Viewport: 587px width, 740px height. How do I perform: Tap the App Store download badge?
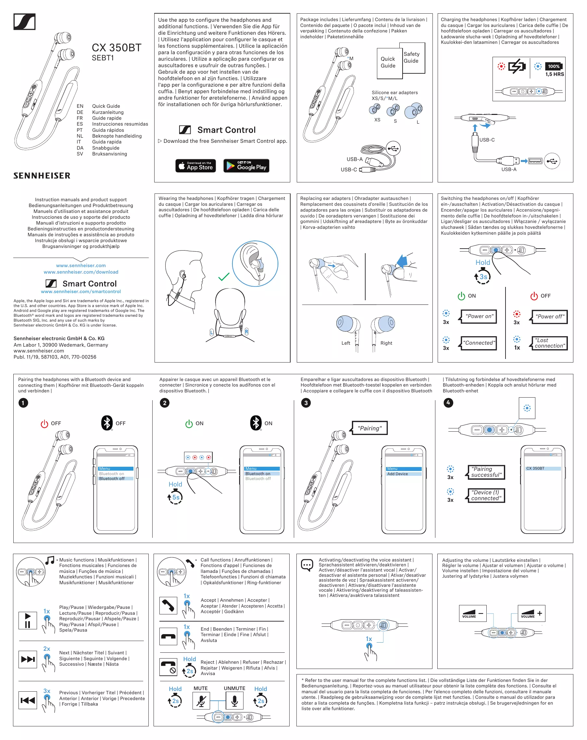click(195, 166)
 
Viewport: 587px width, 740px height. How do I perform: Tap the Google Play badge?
click(246, 166)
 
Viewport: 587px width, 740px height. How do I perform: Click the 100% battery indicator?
click(554, 66)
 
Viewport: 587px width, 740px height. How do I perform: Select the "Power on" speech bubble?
click(479, 316)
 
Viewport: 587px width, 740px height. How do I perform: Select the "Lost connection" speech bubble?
click(550, 343)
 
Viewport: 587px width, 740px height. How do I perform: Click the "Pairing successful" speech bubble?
click(486, 472)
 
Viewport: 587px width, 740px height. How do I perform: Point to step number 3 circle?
click(306, 402)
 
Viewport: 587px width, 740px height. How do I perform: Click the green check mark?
click(224, 276)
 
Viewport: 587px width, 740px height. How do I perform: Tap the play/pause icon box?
click(28, 620)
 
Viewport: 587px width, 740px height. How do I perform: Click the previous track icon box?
click(28, 700)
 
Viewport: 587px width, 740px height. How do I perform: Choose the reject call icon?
click(168, 667)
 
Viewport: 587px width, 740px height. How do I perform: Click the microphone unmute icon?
click(234, 700)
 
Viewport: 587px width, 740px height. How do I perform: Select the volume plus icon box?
click(531, 613)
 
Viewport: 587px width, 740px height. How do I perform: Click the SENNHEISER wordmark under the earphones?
click(42, 176)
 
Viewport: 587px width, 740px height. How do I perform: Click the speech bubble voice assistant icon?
click(307, 565)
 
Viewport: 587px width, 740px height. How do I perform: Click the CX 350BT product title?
click(116, 48)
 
